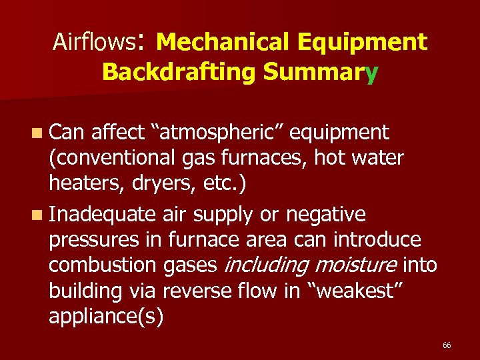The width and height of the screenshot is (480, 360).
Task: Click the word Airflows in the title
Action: tap(93, 42)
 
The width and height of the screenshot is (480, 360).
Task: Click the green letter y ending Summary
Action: tap(371, 73)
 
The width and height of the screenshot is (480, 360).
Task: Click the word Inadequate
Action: tap(102, 215)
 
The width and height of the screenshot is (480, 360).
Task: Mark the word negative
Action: tap(327, 215)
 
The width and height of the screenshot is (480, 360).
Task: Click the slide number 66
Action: tap(447, 345)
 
